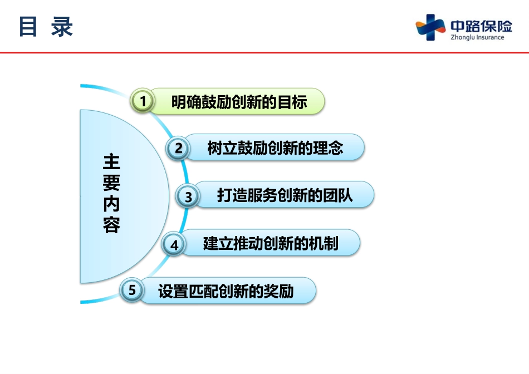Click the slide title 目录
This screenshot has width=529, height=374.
coord(46,27)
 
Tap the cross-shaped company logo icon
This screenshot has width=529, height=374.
coord(430,27)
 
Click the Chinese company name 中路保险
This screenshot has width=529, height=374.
coord(482,26)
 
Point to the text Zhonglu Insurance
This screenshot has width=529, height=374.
coord(477,37)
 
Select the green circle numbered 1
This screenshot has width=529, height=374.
coord(143,101)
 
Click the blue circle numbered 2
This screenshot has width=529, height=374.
coord(178,147)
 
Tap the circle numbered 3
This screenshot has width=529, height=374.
coord(188,196)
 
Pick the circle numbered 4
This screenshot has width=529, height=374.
coord(174,244)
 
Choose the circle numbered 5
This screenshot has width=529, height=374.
coord(132,290)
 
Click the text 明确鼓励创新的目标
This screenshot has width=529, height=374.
coord(239,102)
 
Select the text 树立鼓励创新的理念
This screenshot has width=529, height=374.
coord(275,147)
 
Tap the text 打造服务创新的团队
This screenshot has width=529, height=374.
coord(285,195)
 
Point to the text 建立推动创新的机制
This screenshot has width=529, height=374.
coord(271,243)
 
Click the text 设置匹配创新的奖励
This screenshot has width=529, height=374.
coord(226,291)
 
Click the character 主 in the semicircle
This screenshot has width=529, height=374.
coord(112,162)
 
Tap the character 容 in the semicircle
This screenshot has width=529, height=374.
coord(112,225)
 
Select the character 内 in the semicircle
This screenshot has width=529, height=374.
coord(112,204)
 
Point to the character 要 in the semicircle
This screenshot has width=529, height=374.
coord(112,183)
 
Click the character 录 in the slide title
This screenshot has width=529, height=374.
coord(62,27)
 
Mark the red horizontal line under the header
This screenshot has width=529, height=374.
coord(264,53)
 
